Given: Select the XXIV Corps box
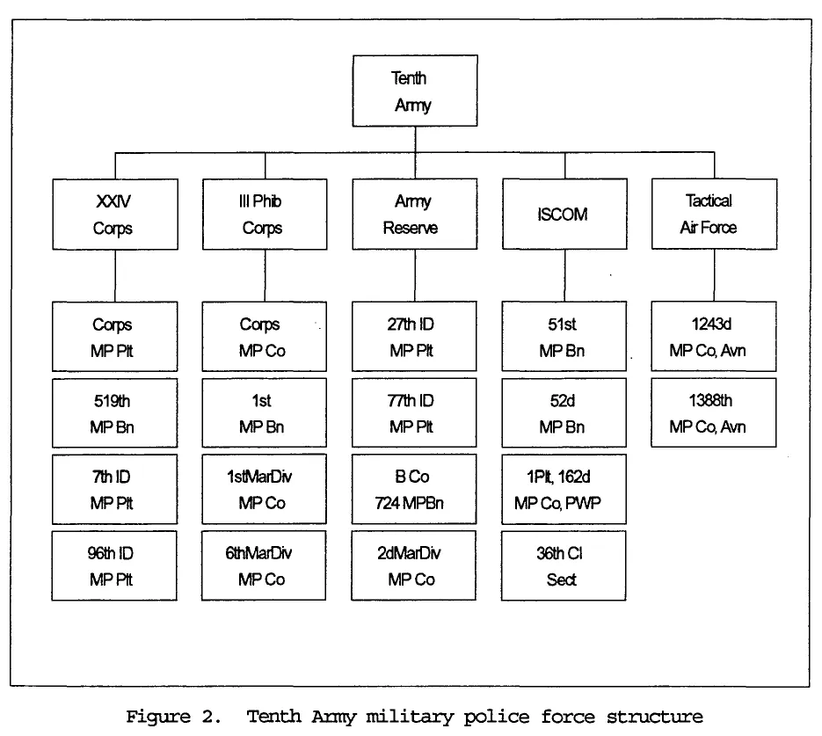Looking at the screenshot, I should tap(114, 214).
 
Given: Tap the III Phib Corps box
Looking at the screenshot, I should tap(264, 214).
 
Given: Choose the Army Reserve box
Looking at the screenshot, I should tap(413, 214).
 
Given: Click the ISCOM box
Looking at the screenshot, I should tap(564, 214).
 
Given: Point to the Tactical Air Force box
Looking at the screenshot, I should tap(713, 214).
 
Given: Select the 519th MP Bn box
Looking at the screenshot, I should tap(114, 413).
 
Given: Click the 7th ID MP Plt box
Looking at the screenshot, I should tap(114, 489).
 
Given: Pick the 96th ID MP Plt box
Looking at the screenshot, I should tap(114, 565).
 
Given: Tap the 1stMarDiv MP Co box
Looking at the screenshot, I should tap(264, 489).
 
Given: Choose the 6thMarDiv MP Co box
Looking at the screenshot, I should tap(264, 565).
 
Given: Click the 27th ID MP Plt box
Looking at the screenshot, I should tap(413, 337).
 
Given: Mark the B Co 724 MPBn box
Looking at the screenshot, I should tap(413, 489).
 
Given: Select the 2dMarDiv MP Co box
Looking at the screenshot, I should tap(413, 565).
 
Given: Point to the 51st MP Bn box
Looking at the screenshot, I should tap(564, 337).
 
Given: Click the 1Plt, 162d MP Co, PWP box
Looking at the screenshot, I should tap(564, 489).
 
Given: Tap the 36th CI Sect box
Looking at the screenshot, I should tap(564, 565).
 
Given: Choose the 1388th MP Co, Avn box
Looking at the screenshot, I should tap(713, 413).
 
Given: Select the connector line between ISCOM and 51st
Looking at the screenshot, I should tap(564, 275).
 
